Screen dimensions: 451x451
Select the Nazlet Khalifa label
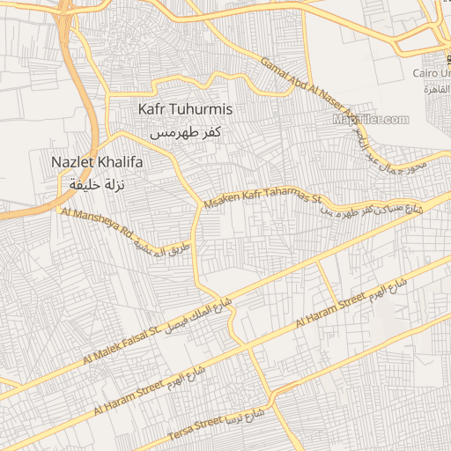point(97,163)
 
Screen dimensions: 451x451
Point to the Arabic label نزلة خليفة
point(97,185)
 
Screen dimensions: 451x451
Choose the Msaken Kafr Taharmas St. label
point(264,201)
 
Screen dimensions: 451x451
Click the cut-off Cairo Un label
point(433,76)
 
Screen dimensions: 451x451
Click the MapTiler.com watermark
point(371,120)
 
